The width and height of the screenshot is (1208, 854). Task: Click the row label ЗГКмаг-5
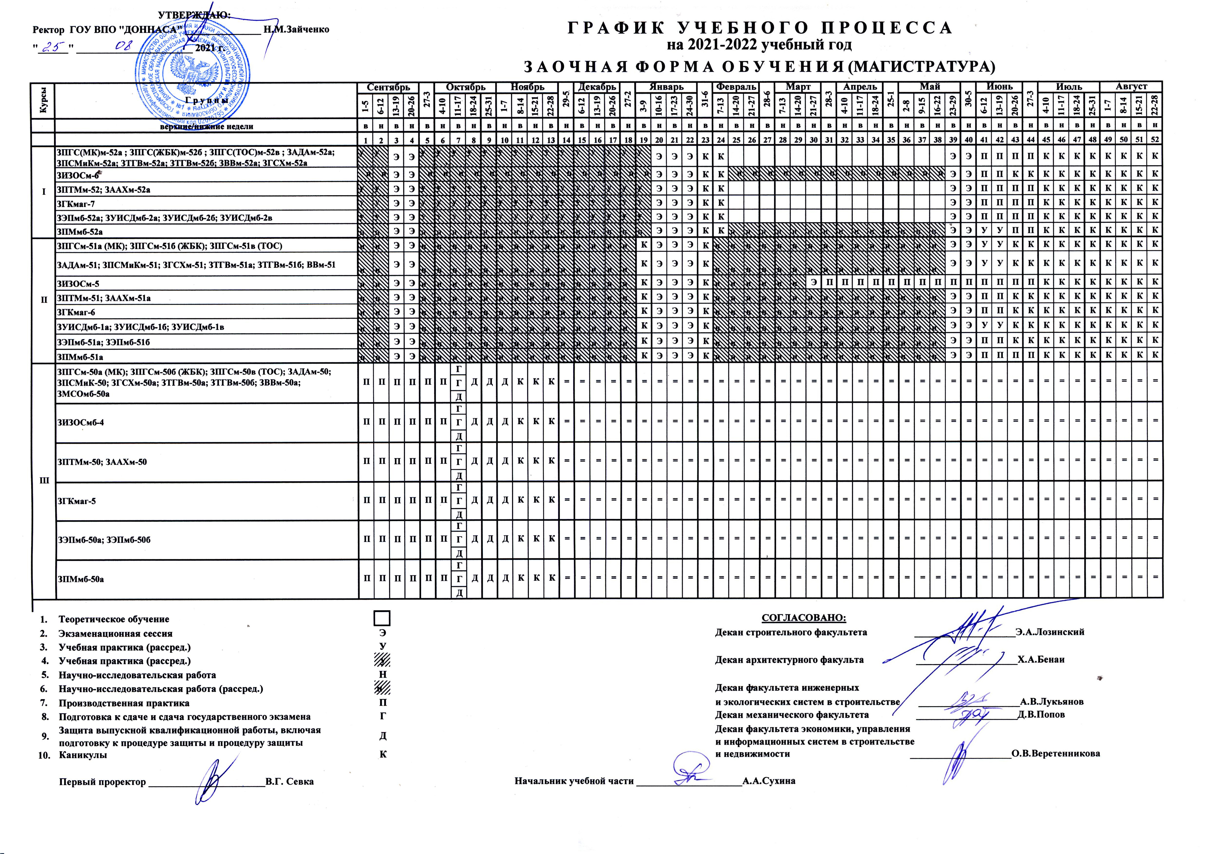tap(76, 501)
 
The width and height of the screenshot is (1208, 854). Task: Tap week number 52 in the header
tap(1155, 139)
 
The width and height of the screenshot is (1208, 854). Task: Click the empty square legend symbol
tap(383, 618)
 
